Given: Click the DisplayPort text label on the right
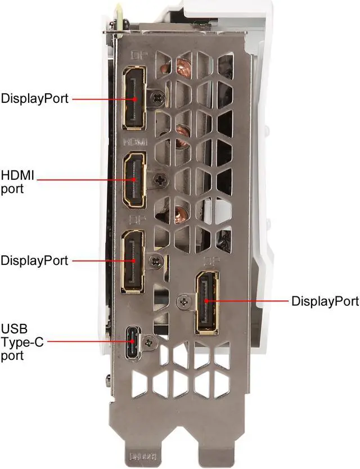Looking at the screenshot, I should point(325,301).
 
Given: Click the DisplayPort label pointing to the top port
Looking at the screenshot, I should point(34,99).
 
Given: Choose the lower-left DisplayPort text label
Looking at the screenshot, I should point(34,261).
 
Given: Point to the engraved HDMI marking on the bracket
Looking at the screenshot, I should point(135,143).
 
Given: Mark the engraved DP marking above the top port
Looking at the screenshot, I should point(137,55).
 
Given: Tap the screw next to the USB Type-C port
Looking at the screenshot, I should point(148,341).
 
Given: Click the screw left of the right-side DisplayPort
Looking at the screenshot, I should point(183,303).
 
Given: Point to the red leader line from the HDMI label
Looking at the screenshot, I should point(84,180).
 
